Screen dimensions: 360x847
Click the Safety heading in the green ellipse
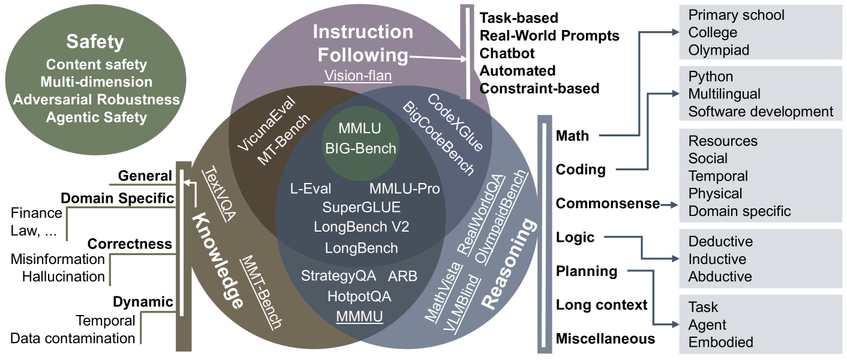pyautogui.click(x=95, y=42)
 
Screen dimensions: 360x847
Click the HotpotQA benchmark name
pyautogui.click(x=359, y=296)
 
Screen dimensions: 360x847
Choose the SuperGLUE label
pyautogui.click(x=361, y=208)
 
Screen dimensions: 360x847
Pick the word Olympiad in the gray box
pyautogui.click(x=719, y=50)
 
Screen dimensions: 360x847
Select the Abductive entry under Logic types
pyautogui.click(x=720, y=277)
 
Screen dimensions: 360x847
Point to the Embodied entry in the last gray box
pyautogui.click(x=720, y=343)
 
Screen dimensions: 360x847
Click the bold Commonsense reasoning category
pyautogui.click(x=608, y=204)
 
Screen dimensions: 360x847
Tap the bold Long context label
pyautogui.click(x=602, y=305)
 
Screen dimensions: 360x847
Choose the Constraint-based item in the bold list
pyautogui.click(x=539, y=89)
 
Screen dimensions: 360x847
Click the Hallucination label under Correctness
pyautogui.click(x=64, y=277)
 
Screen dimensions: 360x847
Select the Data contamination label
pyautogui.click(x=73, y=338)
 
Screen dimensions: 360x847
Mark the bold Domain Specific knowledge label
pyautogui.click(x=118, y=198)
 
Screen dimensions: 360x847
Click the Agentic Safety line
pyautogui.click(x=96, y=116)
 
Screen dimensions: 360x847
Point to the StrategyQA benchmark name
pyautogui.click(x=338, y=276)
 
